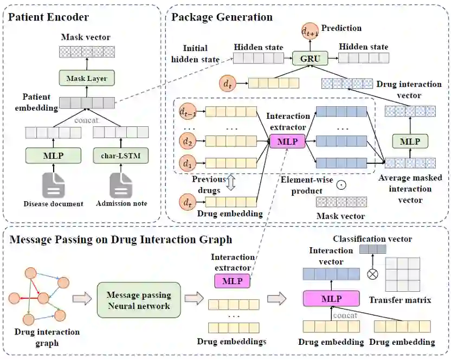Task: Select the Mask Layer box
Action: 86,78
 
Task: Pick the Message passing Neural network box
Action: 139,300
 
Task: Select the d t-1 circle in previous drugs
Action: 186,112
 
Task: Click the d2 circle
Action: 186,143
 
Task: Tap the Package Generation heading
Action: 222,17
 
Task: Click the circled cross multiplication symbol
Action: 372,274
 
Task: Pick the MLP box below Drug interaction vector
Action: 410,141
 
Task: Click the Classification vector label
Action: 372,239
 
